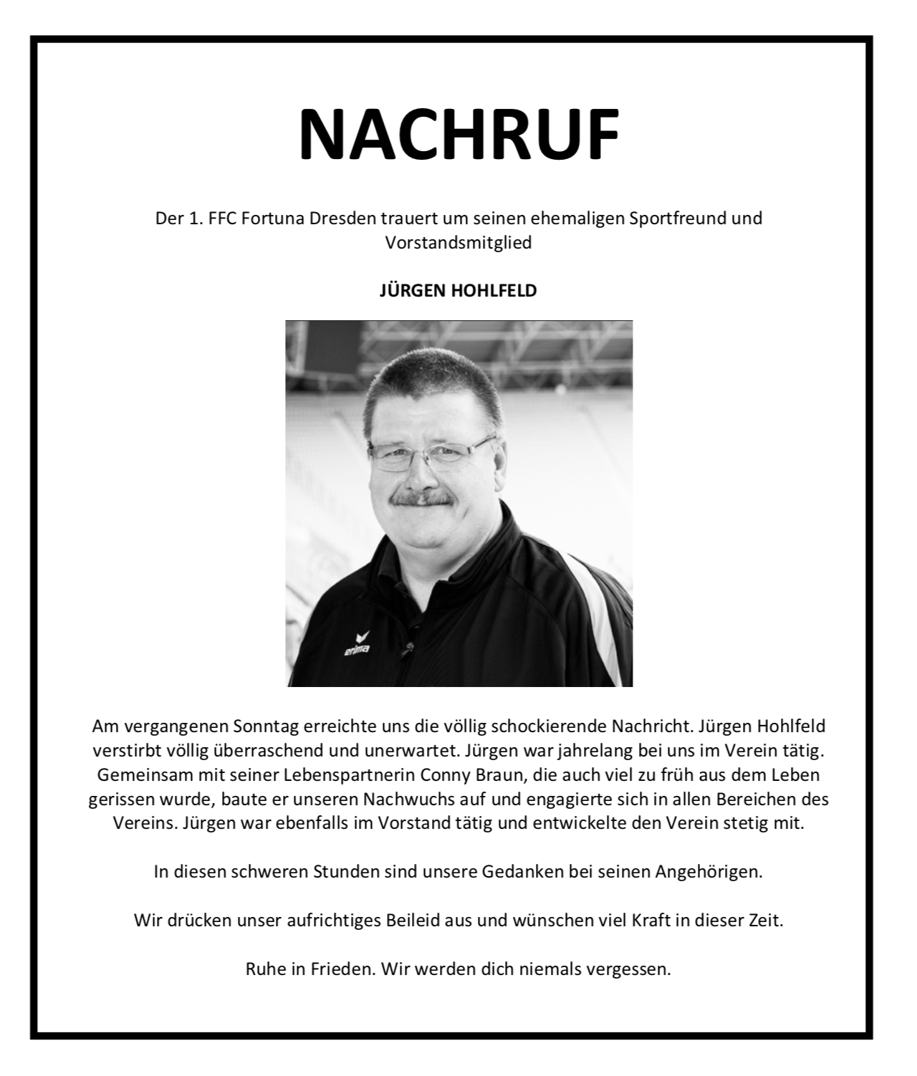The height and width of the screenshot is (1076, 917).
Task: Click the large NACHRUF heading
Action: click(x=458, y=135)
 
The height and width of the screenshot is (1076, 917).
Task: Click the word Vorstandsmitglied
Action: click(x=458, y=243)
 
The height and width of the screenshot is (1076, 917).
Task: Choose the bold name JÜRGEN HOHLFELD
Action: click(x=458, y=291)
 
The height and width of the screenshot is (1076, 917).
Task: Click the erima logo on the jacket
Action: click(x=356, y=644)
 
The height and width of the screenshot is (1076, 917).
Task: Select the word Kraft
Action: click(x=650, y=921)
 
